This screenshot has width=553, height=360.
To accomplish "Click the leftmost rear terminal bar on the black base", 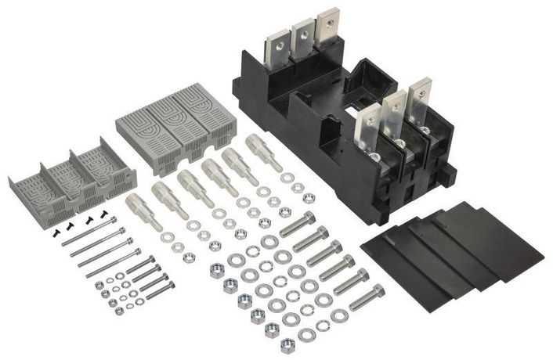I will [x=278, y=46].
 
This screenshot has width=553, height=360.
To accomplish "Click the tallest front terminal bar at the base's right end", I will [x=418, y=98].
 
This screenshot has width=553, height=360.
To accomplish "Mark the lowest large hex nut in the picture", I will [x=287, y=344].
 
